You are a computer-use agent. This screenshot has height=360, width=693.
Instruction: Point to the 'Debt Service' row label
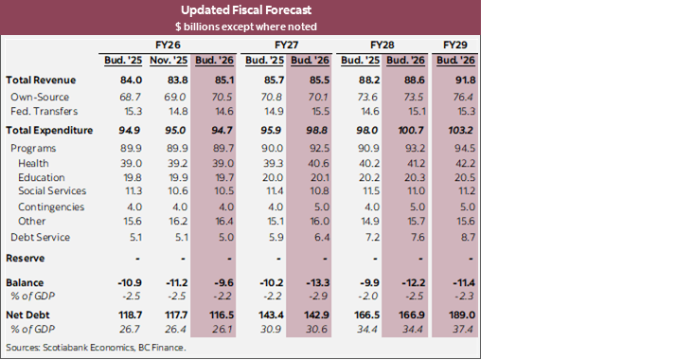(42, 237)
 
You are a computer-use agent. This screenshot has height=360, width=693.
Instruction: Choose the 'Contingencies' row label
(52, 207)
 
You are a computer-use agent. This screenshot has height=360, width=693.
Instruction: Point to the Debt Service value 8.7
(460, 237)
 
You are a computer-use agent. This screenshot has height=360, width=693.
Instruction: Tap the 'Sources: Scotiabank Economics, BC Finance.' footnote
(96, 348)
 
